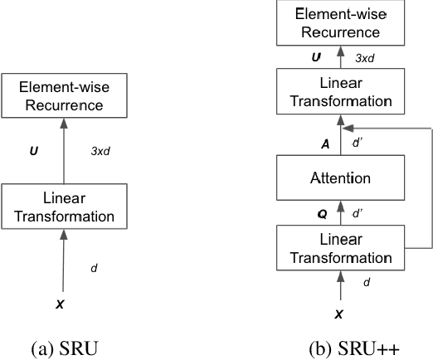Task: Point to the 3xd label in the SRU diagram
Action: click(101, 153)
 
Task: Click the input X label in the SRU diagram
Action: click(60, 304)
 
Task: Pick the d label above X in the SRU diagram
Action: click(93, 268)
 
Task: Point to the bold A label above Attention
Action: click(324, 142)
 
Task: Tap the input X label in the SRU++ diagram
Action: click(337, 315)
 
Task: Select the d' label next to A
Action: click(359, 142)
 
